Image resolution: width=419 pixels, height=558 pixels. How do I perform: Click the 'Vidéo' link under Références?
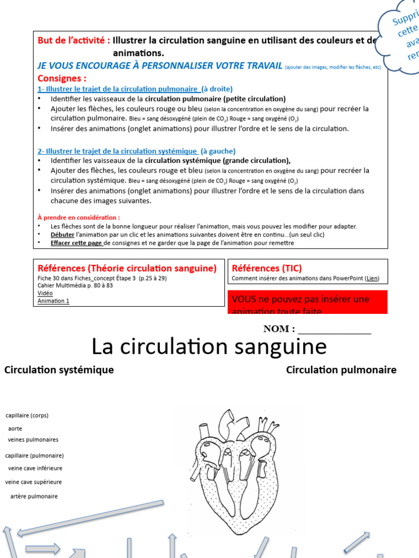coord(45,293)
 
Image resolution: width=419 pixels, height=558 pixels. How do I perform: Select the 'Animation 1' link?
coord(53,301)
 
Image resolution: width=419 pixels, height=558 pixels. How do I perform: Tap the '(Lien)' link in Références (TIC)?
coord(372,278)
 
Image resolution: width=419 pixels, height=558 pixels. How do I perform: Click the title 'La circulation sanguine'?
coord(209,347)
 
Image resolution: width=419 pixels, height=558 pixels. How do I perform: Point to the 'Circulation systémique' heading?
coord(59,370)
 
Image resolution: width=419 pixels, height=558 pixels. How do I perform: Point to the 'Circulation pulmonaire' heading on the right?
coord(341,370)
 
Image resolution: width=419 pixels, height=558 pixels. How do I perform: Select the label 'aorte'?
coord(15,428)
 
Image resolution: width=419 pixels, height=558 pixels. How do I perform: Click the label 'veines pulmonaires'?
coord(33,440)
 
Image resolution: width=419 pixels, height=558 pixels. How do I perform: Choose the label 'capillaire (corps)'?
coord(27,415)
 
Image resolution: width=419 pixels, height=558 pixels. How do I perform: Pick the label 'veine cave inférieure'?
coord(35,468)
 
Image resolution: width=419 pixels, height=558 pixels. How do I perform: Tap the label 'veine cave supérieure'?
coord(33,482)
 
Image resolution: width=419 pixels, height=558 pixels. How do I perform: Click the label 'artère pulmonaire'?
coord(34,496)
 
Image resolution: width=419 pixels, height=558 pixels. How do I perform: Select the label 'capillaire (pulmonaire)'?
coord(34,456)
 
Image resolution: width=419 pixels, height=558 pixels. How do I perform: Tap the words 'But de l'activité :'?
coord(74,40)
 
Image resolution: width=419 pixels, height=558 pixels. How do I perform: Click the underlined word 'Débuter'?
coord(62,234)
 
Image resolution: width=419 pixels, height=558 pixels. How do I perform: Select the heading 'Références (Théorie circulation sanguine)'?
coord(127,268)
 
